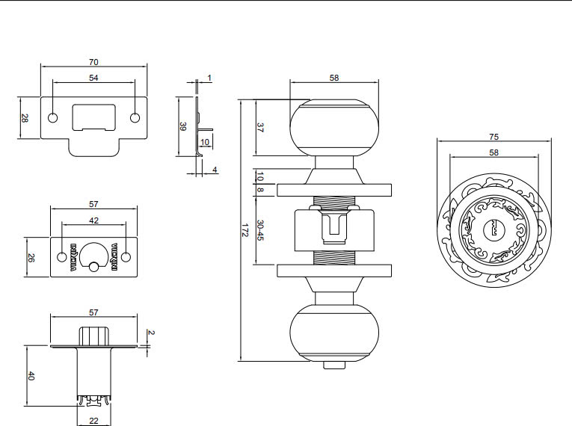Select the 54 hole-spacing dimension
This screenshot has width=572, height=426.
tap(93, 78)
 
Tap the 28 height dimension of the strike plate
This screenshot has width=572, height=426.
tap(25, 118)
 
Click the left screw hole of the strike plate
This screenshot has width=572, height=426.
tap(53, 118)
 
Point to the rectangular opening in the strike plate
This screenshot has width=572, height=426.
tap(94, 118)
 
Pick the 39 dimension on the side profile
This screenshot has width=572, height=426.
tap(183, 126)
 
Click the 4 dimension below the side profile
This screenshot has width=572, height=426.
tap(215, 170)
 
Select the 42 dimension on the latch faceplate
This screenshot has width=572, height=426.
tap(93, 220)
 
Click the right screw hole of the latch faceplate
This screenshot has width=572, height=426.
tap(126, 257)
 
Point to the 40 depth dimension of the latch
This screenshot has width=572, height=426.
tap(31, 376)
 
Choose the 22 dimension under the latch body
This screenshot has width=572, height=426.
tap(93, 420)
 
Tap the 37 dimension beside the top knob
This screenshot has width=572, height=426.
tap(260, 128)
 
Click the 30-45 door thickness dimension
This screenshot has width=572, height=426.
tap(260, 229)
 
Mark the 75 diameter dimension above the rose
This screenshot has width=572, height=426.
tap(493, 137)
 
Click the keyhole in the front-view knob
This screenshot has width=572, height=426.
tap(493, 229)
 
